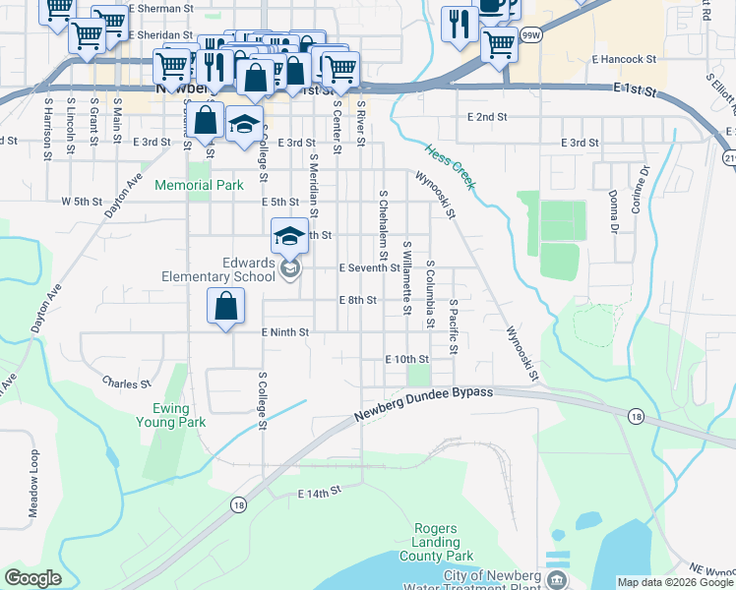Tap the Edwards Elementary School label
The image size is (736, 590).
(219, 270)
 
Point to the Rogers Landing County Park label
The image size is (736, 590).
(436, 542)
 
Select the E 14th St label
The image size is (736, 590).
(319, 489)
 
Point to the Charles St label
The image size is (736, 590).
(127, 383)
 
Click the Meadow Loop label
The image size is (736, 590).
(33, 483)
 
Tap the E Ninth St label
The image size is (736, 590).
(285, 332)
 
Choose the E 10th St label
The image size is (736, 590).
(407, 360)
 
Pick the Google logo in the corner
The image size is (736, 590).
(33, 578)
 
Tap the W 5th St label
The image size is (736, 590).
(82, 202)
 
